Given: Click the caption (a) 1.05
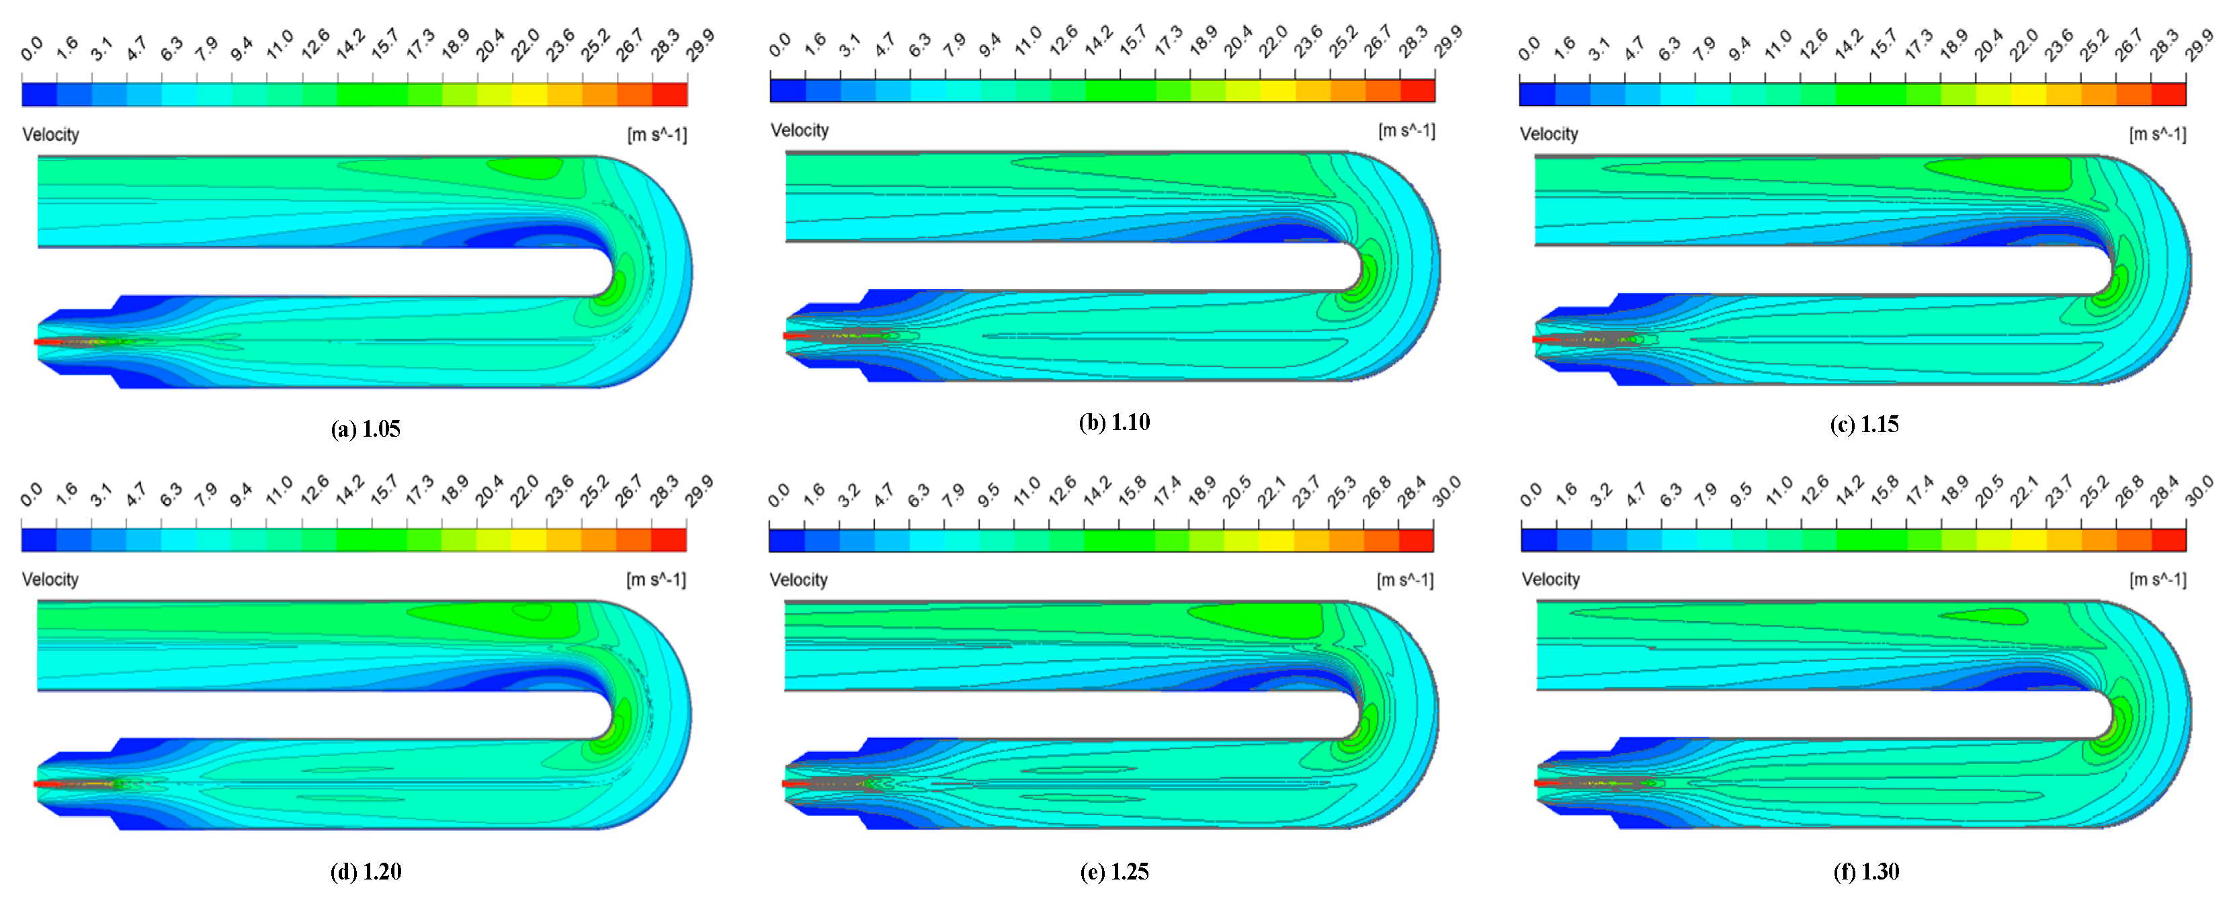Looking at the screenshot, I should pyautogui.click(x=365, y=429).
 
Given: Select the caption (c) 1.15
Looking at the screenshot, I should pyautogui.click(x=1864, y=425).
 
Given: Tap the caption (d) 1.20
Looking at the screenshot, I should pyautogui.click(x=365, y=871).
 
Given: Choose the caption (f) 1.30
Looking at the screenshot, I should pyautogui.click(x=1865, y=871).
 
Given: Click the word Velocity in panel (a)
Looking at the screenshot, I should pyautogui.click(x=50, y=134).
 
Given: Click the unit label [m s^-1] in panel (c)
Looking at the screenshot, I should pyautogui.click(x=2157, y=134).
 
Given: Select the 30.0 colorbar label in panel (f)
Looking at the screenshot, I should pyautogui.click(x=2199, y=491).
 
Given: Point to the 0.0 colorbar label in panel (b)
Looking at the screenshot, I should pyautogui.click(x=780, y=43).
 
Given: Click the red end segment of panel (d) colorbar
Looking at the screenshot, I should pyautogui.click(x=669, y=540).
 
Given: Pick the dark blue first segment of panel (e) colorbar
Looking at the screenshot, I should pyautogui.click(x=786, y=540).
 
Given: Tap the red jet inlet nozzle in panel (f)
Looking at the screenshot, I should pyautogui.click(x=1547, y=783).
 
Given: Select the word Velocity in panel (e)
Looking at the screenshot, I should pyautogui.click(x=798, y=579).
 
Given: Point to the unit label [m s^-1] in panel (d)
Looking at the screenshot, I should pyautogui.click(x=656, y=579).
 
